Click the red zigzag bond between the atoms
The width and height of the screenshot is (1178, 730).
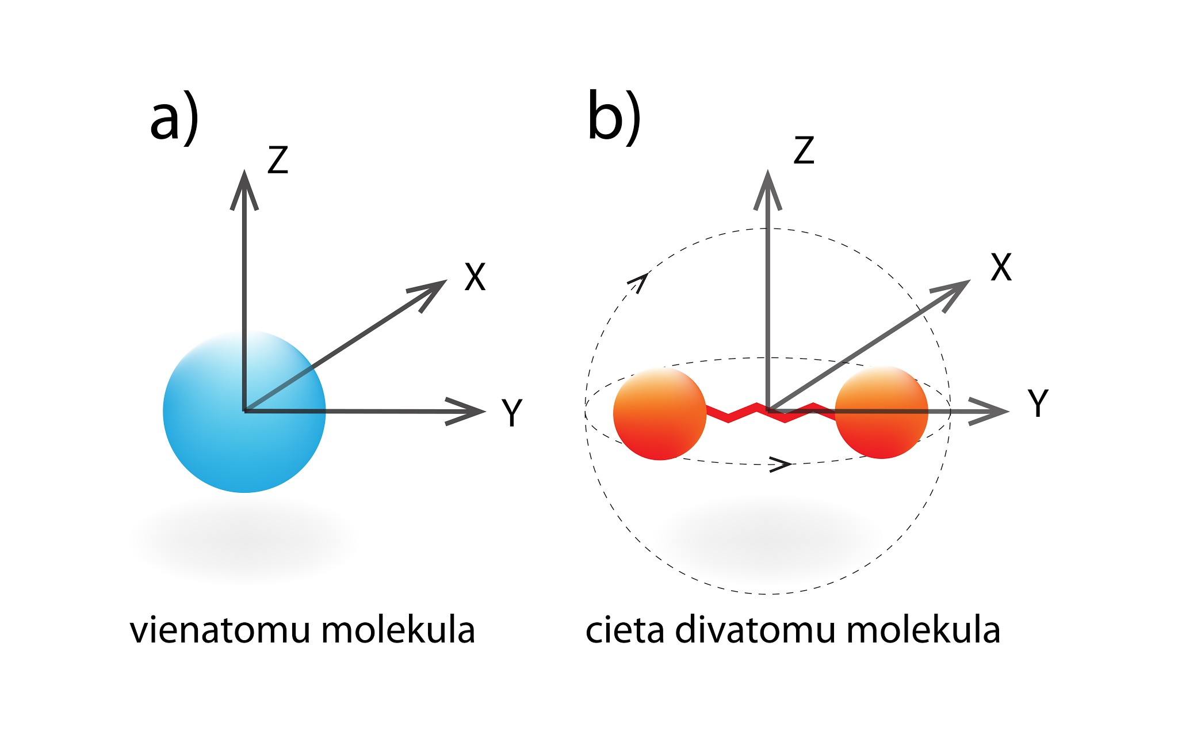coord(742,412)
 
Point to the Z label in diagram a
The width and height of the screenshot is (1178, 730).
coord(277,159)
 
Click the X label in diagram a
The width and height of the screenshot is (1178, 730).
coord(475,277)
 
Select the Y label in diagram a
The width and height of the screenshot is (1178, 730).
coord(511,412)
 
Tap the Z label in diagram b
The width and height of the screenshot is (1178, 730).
coord(804,150)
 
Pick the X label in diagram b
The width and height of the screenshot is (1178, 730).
coord(1001,267)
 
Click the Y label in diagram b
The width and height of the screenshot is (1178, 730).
coord(1038,403)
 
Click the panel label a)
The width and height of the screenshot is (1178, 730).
coord(174,118)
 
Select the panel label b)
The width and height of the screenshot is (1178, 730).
coord(614,117)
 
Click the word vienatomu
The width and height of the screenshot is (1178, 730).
coord(221,630)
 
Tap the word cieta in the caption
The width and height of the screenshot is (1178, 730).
coord(625,630)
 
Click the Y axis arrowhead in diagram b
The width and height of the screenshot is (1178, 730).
coord(992,411)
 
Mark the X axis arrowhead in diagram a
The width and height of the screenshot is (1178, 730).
coord(431,290)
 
